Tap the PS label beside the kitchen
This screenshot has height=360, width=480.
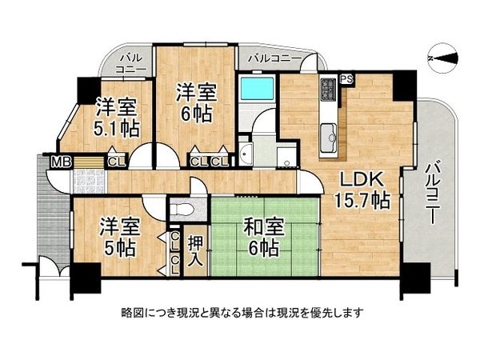click(x=346, y=78)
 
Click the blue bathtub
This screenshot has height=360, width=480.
click(x=258, y=93)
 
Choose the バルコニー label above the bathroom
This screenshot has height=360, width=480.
click(x=274, y=58)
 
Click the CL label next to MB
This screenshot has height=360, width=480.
click(x=115, y=162)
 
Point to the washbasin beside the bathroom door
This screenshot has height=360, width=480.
click(x=246, y=154)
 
